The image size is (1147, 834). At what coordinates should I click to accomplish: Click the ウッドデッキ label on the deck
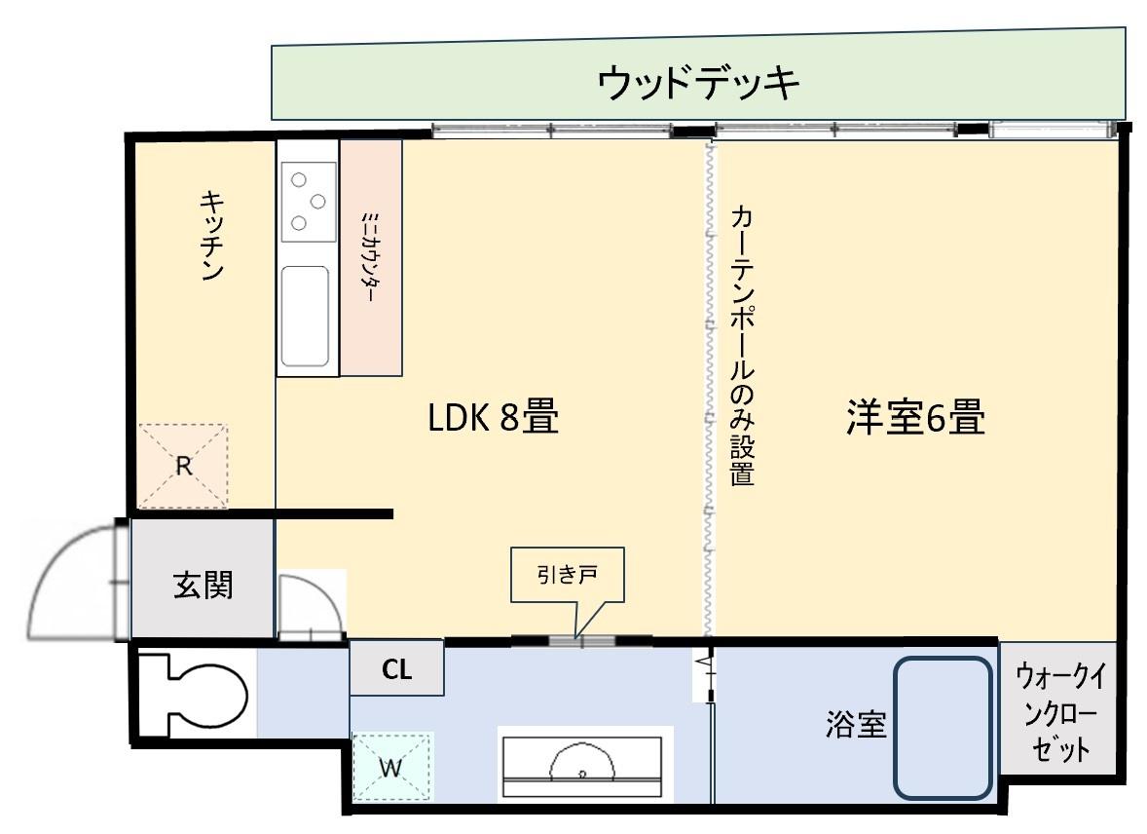pos(699,84)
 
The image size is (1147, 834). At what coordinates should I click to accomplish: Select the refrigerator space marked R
pos(183,466)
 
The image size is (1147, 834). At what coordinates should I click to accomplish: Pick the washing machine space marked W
pos(389,766)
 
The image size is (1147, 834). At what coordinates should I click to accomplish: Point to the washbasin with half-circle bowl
pos(583,764)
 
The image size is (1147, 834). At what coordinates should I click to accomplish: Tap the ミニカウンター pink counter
pos(371,258)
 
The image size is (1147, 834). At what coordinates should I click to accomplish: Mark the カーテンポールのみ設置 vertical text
pos(742,346)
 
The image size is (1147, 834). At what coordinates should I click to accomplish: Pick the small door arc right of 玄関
pos(310,607)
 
